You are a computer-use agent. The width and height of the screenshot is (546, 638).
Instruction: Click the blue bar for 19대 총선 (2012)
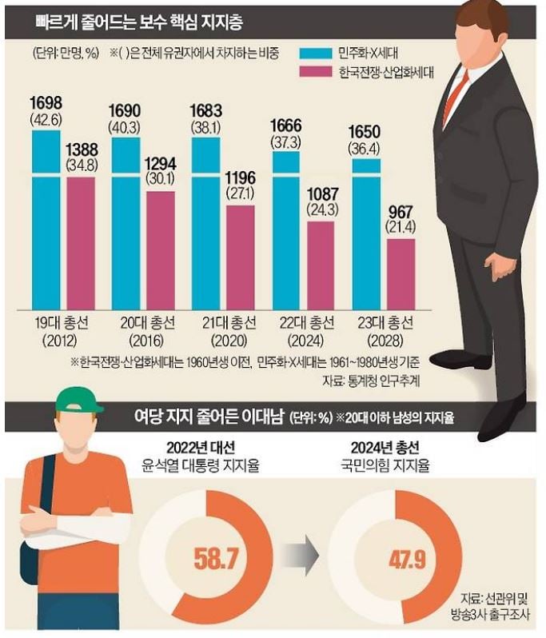click(x=46, y=220)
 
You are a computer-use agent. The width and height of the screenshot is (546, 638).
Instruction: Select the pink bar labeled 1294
click(x=161, y=250)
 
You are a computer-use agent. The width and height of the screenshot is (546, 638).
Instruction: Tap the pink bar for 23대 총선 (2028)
click(x=401, y=274)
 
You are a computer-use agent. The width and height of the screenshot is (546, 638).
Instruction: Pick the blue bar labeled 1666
click(x=286, y=231)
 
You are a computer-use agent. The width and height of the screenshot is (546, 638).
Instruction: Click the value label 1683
click(x=206, y=111)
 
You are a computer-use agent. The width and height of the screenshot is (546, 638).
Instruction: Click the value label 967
click(x=401, y=213)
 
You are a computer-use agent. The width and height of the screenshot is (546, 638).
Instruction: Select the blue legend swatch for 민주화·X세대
click(x=316, y=54)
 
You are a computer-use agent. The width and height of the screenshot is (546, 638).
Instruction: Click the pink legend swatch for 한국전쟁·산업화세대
click(x=316, y=72)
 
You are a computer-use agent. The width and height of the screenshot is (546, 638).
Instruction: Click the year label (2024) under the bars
click(x=307, y=340)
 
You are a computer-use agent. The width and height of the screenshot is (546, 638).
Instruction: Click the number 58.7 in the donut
click(x=216, y=559)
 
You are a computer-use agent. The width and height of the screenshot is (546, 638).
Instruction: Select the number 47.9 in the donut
click(x=407, y=560)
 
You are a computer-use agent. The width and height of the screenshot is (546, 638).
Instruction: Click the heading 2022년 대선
click(x=201, y=448)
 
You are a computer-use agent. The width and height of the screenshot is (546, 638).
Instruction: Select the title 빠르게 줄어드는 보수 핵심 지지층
click(x=139, y=22)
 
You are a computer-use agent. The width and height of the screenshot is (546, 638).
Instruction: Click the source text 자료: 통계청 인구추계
click(x=371, y=381)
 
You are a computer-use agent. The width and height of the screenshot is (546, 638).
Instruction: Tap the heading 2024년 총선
click(x=385, y=448)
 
